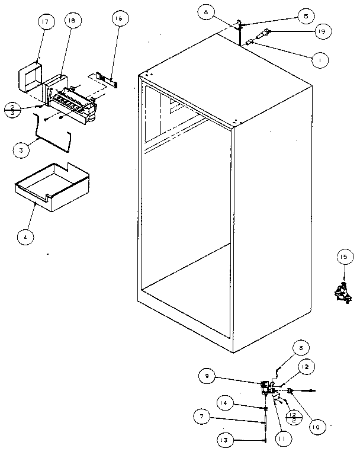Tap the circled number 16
(x=119, y=20)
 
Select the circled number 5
(x=305, y=17)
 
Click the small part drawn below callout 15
(x=342, y=291)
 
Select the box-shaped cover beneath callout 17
(x=31, y=79)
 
